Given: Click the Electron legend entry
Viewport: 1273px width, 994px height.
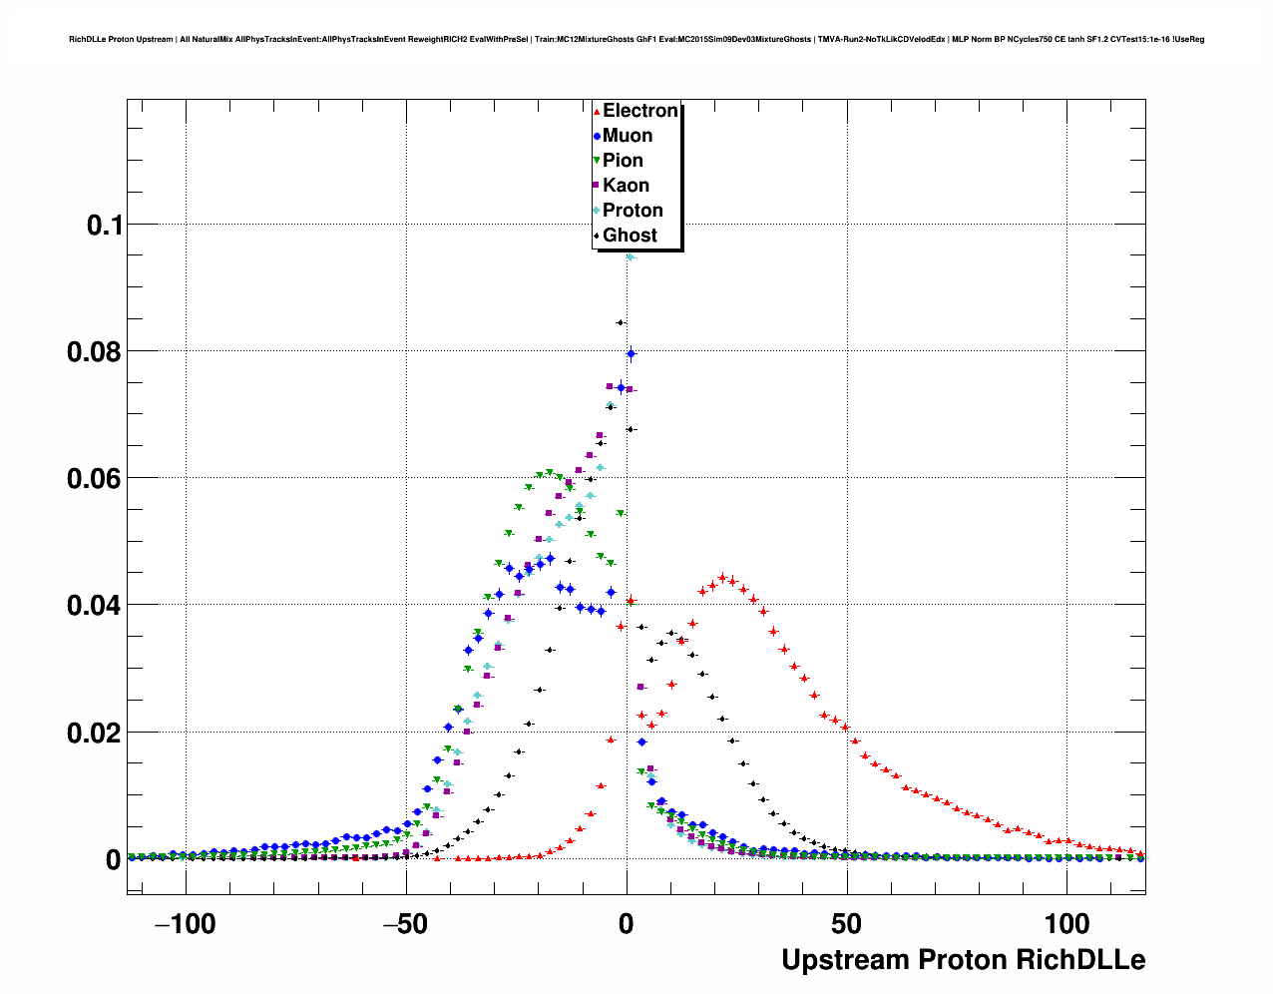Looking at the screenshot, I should pyautogui.click(x=639, y=111).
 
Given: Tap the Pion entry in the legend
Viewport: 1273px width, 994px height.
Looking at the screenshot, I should pyautogui.click(x=623, y=161).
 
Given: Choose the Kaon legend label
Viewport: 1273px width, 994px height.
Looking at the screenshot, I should pyautogui.click(x=626, y=186).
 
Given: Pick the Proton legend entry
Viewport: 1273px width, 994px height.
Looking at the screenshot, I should pyautogui.click(x=633, y=211).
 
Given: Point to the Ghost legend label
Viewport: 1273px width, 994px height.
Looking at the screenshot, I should pyautogui.click(x=630, y=236).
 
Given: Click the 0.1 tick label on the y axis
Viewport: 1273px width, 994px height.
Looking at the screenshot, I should pyautogui.click(x=104, y=226).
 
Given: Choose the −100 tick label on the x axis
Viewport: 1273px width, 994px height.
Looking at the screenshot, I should pyautogui.click(x=186, y=924).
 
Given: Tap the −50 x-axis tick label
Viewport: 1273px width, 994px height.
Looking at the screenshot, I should pyautogui.click(x=405, y=924).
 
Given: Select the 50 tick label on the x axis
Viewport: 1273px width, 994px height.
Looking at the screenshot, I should pyautogui.click(x=847, y=924).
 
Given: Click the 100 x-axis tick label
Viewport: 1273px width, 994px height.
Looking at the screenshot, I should pyautogui.click(x=1066, y=924).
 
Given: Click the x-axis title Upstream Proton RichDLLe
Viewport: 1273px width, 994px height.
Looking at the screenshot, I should pyautogui.click(x=963, y=960).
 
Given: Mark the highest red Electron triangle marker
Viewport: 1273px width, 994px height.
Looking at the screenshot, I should pyautogui.click(x=722, y=577).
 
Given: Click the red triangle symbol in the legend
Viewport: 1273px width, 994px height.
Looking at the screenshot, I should pyautogui.click(x=597, y=111).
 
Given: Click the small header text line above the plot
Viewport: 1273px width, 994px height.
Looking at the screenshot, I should pyautogui.click(x=636, y=40).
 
